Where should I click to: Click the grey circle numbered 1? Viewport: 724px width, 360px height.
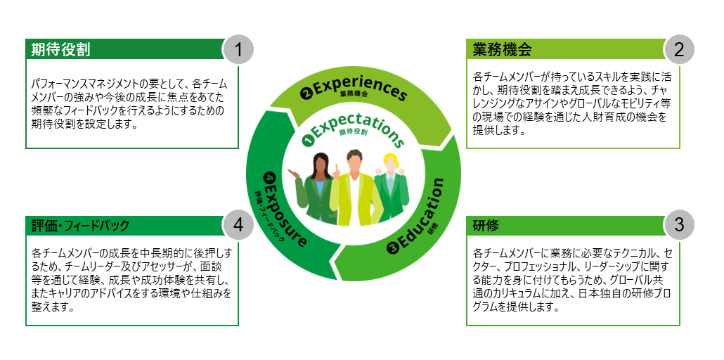238,50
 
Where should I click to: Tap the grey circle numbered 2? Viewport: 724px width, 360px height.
679,50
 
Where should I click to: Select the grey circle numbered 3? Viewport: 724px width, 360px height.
679,225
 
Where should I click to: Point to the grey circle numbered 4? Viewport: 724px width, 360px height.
238,225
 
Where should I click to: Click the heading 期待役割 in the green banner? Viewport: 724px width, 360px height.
60,50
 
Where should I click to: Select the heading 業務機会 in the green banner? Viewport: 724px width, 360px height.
501,50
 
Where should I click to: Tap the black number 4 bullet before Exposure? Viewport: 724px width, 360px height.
268,177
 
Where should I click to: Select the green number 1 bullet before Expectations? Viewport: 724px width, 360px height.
306,141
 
